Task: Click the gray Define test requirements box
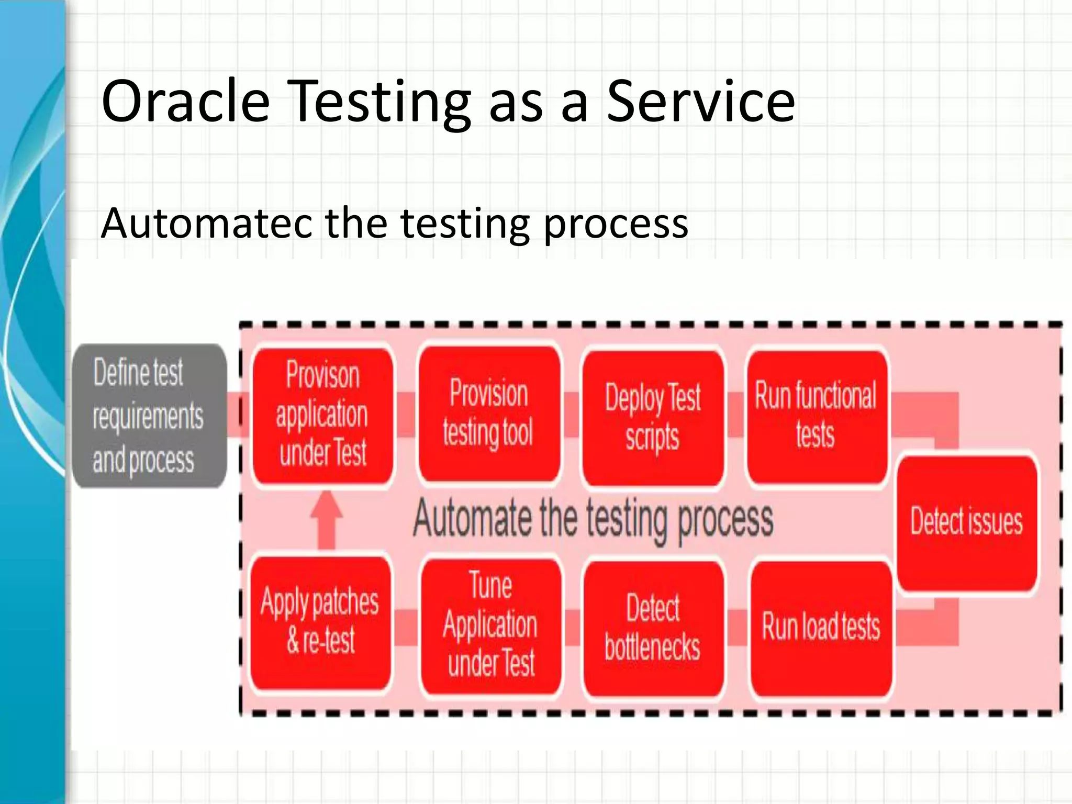(x=149, y=416)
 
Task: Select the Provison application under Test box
(x=322, y=416)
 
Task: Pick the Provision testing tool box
(x=489, y=414)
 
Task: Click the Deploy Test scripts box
(x=653, y=417)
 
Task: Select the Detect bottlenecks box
(x=653, y=628)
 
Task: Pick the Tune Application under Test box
(x=490, y=626)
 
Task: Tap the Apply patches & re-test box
(x=320, y=623)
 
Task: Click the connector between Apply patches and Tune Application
(x=406, y=627)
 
